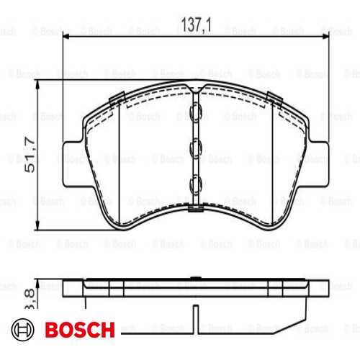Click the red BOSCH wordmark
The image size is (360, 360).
pos(79,330)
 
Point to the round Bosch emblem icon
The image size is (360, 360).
pos(24,330)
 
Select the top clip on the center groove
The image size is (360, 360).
pos(194,112)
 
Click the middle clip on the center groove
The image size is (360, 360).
pos(194,148)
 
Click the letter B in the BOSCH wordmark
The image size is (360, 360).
pos(52,330)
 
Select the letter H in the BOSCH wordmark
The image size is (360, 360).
pos(107,330)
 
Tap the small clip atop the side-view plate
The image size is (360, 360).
pos(194,277)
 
